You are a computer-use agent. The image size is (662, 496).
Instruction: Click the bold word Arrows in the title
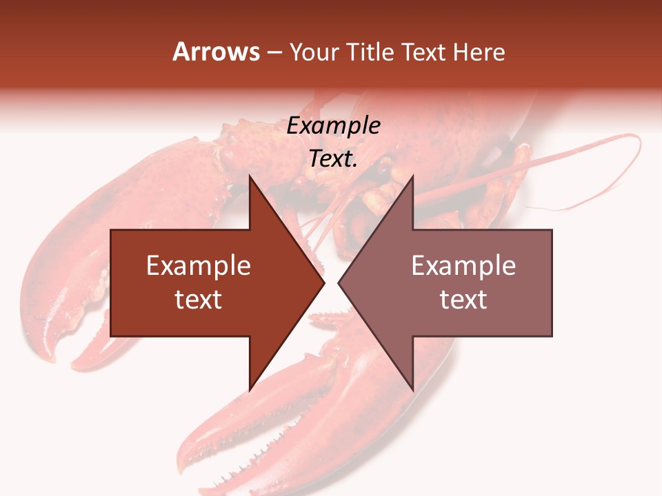click(x=217, y=52)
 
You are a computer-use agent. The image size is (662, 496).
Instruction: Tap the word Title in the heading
click(x=369, y=52)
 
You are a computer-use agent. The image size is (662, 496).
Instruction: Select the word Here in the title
click(x=479, y=52)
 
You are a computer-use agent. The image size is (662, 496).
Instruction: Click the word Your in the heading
click(x=314, y=52)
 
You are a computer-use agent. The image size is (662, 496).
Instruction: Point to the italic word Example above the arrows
click(x=333, y=126)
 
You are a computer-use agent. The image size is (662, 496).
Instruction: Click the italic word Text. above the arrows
click(x=333, y=158)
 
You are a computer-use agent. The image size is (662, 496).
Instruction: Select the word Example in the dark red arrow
click(x=199, y=265)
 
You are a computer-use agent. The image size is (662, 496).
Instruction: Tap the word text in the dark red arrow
click(x=199, y=300)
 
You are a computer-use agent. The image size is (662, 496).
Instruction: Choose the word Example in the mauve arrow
click(x=463, y=265)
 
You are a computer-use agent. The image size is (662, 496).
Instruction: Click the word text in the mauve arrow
click(x=463, y=300)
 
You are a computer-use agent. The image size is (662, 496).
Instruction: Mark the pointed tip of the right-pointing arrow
click(x=323, y=282)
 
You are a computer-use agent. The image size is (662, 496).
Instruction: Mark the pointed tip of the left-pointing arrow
click(x=340, y=282)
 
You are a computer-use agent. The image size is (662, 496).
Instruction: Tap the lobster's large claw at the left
click(x=76, y=276)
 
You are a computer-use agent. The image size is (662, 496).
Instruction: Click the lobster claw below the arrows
click(x=276, y=427)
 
